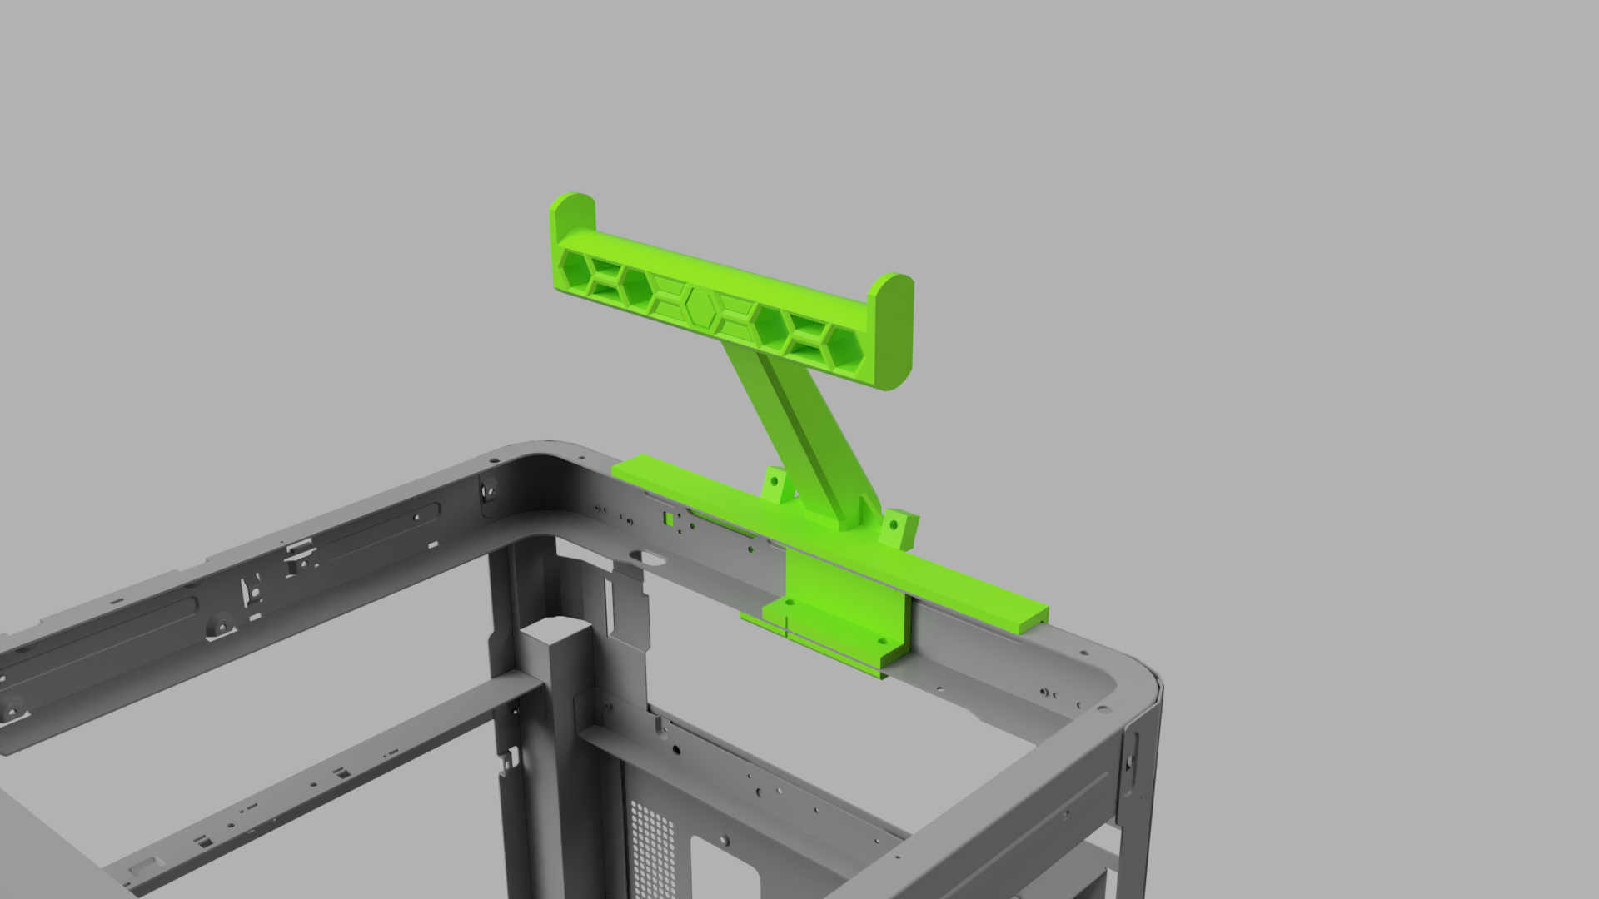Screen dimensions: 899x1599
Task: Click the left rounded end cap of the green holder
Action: [571, 216]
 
